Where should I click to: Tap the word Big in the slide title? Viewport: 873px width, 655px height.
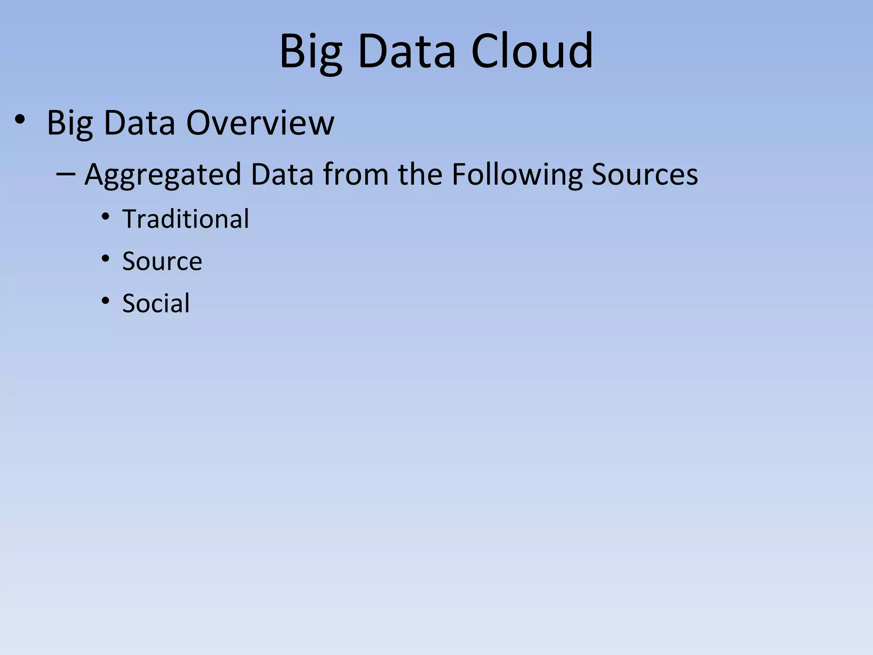(311, 52)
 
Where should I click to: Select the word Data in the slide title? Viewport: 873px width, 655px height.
(407, 52)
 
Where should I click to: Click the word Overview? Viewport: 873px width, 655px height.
(260, 123)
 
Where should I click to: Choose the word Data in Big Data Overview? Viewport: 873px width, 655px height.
(139, 123)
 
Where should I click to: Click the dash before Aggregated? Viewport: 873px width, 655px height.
(66, 174)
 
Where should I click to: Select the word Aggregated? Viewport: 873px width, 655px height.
(163, 175)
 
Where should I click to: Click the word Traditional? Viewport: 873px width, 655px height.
(185, 219)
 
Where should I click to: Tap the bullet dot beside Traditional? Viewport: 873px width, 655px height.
(105, 217)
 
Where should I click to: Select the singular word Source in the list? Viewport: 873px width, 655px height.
(162, 261)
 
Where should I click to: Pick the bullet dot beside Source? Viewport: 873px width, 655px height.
(105, 259)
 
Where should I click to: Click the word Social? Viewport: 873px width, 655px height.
(156, 303)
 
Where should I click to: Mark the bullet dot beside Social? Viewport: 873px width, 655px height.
(105, 301)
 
